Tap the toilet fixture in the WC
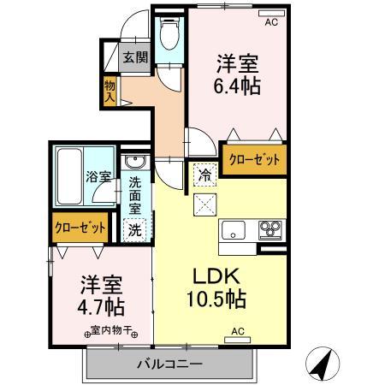[x=169, y=33]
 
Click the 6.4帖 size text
[x=237, y=86]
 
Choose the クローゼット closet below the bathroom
[x=80, y=228]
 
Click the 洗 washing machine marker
[x=135, y=228]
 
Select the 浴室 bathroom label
[x=98, y=178]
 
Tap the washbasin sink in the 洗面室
[x=135, y=163]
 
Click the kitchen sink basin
[x=234, y=229]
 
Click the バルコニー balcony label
[x=169, y=365]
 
